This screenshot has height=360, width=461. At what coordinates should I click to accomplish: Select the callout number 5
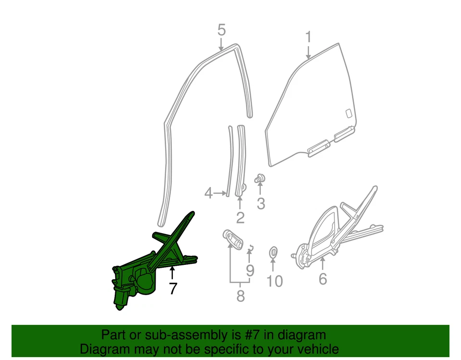(x=221, y=30)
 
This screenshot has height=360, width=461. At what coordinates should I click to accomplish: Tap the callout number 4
(x=208, y=193)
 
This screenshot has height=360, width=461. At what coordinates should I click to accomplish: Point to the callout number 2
(x=240, y=217)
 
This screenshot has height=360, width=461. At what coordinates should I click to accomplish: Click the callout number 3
(x=261, y=203)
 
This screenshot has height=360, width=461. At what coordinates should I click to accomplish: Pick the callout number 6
(x=323, y=278)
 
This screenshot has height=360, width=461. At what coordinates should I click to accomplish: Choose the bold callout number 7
(x=172, y=288)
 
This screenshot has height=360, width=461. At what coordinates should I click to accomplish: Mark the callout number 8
(x=241, y=296)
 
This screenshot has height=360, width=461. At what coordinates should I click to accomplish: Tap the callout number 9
(x=250, y=271)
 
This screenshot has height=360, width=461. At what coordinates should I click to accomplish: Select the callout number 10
(x=275, y=281)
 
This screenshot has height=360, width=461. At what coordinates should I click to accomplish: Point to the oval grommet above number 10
(x=273, y=250)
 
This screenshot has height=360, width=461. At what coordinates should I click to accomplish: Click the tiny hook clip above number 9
(x=250, y=248)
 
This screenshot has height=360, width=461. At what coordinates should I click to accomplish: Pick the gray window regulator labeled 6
(x=336, y=231)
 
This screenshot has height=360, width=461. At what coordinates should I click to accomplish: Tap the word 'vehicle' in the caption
(x=314, y=348)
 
